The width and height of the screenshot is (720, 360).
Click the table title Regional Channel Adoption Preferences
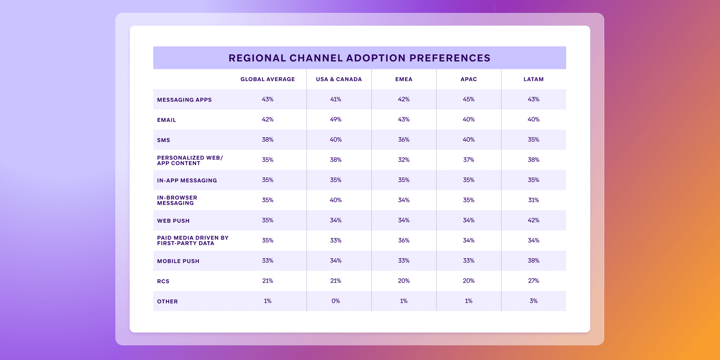pos(359,58)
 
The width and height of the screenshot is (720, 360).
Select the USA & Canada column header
pos(339,79)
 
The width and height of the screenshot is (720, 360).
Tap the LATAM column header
pos(533,79)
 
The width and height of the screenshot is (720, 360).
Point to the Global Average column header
pos(267,79)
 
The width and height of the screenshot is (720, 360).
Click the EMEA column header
pos(403,79)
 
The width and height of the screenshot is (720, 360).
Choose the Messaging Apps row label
pos(184,100)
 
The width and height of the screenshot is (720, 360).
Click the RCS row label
pos(163,281)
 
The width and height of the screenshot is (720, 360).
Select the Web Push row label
pos(173,221)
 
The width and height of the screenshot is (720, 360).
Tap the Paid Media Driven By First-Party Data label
pos(192,240)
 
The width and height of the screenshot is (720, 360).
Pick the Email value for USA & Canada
pos(336,120)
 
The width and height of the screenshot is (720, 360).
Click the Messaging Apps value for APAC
pos(468,99)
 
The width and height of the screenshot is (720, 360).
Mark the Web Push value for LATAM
pos(533,220)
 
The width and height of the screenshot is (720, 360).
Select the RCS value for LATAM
pos(533,281)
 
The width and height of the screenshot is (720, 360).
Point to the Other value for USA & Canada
pos(336,301)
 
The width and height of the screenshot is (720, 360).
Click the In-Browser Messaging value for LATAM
pos(533,200)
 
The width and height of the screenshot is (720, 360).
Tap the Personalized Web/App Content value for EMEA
pos(403,160)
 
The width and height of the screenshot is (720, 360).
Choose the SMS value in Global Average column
pos(267,140)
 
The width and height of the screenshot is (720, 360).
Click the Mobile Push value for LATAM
pos(533,261)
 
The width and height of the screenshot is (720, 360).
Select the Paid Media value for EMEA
pos(403,240)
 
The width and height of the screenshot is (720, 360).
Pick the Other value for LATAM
pos(533,301)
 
